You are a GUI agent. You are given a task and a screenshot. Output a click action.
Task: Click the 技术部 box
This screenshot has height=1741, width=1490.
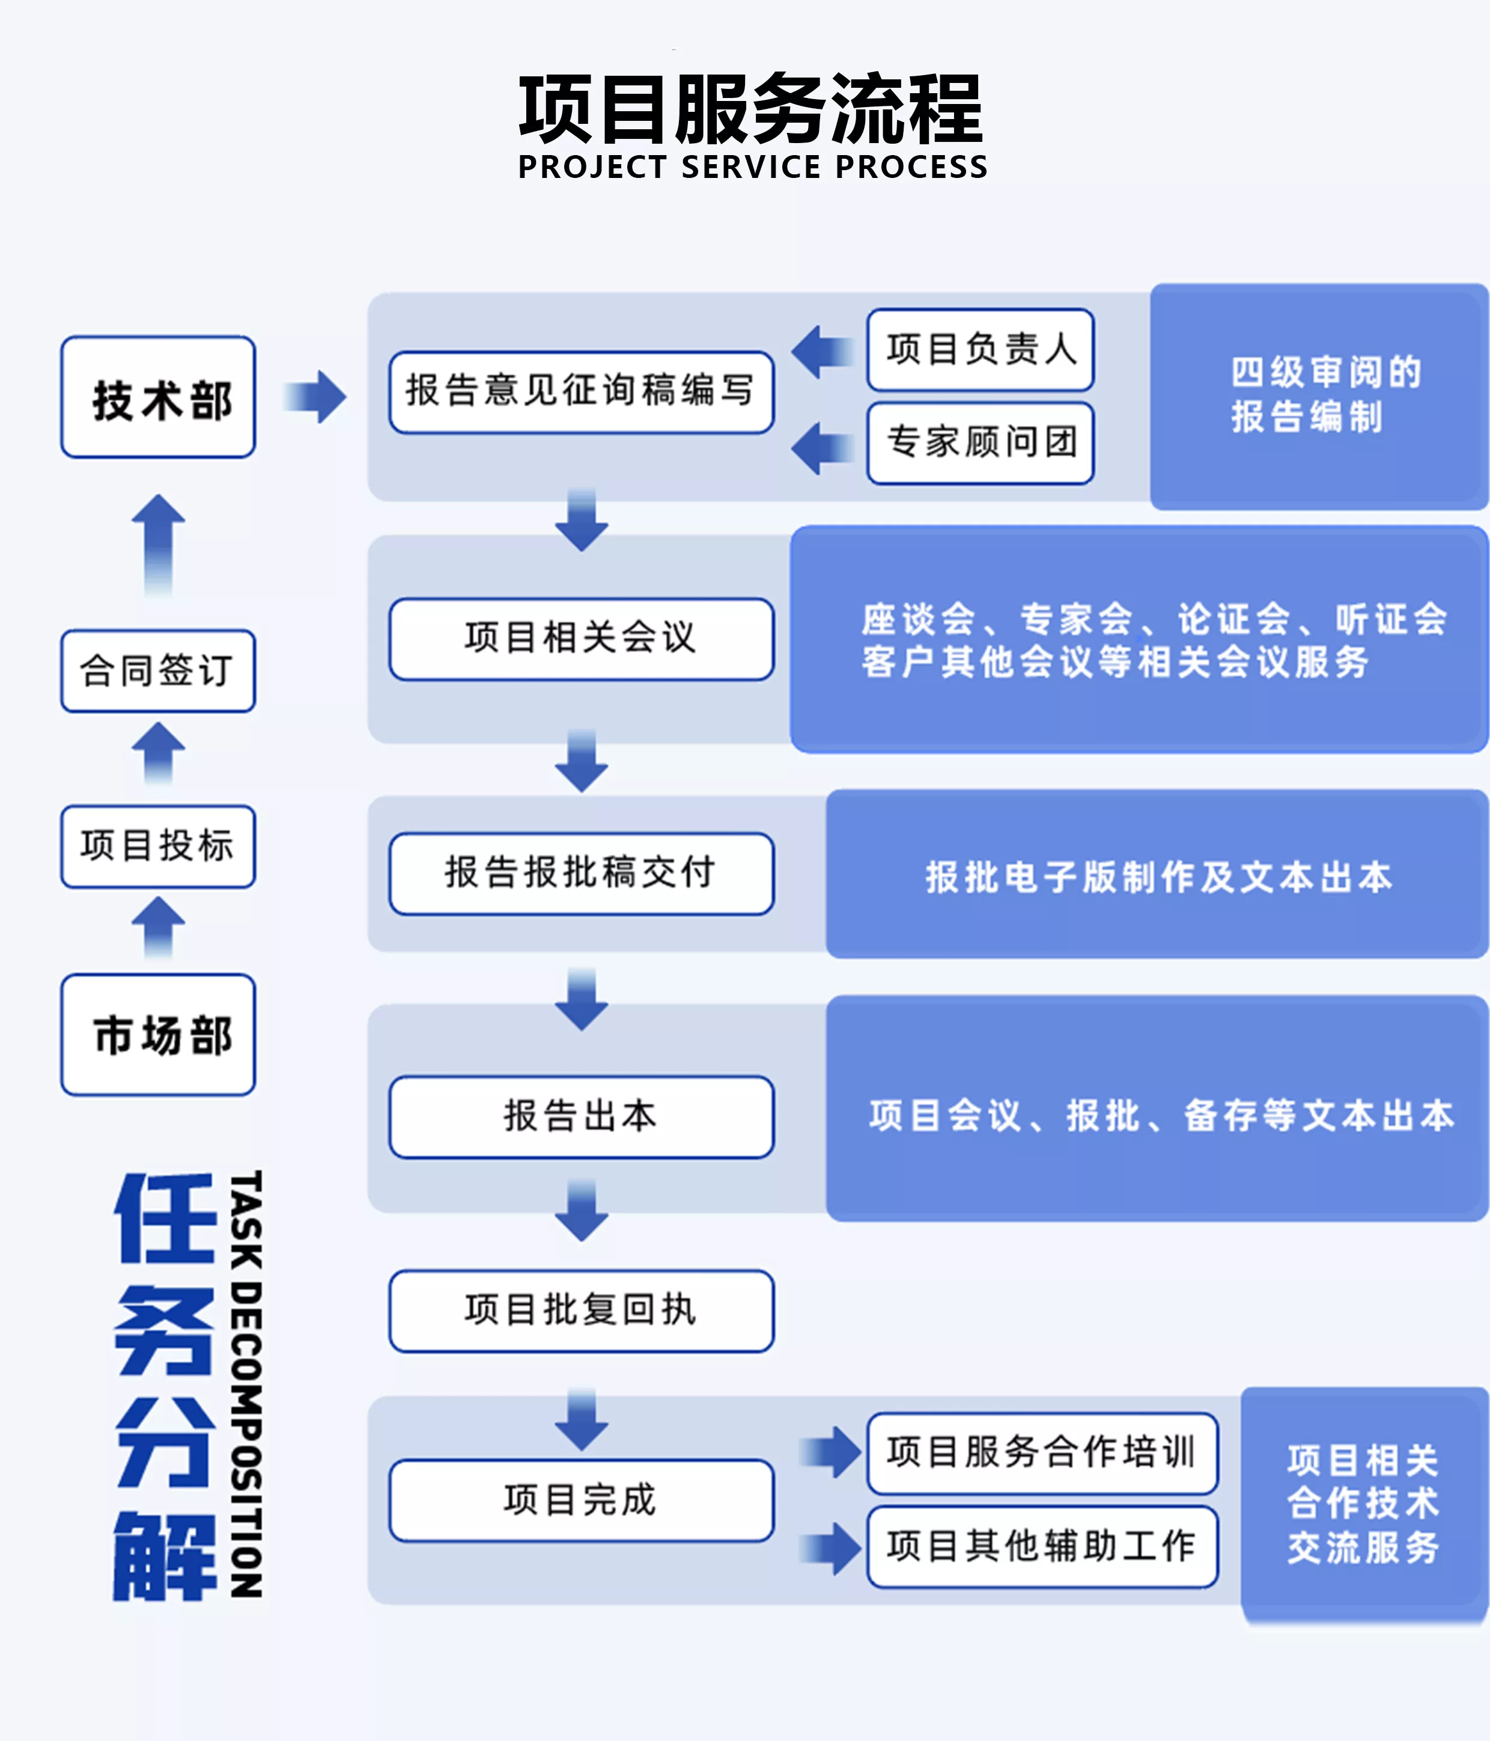(158, 397)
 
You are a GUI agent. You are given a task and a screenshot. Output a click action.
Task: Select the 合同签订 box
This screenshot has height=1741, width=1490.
(158, 670)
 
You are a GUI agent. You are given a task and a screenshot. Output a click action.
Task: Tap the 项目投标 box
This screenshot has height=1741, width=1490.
(158, 846)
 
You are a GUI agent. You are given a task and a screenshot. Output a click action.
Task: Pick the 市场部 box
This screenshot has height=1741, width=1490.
(158, 1035)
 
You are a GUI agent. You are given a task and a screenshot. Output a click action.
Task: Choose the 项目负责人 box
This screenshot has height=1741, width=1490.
(980, 349)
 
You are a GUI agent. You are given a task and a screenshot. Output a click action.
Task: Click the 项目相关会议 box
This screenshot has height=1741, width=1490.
(581, 638)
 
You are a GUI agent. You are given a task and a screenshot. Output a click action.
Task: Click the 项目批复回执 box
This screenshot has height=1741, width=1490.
(581, 1311)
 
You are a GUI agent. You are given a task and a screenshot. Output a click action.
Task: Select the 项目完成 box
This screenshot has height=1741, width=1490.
(581, 1500)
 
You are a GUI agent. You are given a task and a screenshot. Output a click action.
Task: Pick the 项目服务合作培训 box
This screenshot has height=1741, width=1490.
(1042, 1453)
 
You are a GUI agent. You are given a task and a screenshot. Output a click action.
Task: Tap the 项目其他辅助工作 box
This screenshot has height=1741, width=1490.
(1042, 1547)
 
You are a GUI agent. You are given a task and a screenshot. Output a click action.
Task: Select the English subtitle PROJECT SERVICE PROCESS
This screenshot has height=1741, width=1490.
(753, 167)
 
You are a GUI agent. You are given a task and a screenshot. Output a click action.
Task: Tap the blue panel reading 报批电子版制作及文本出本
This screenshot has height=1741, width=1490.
(1157, 874)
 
